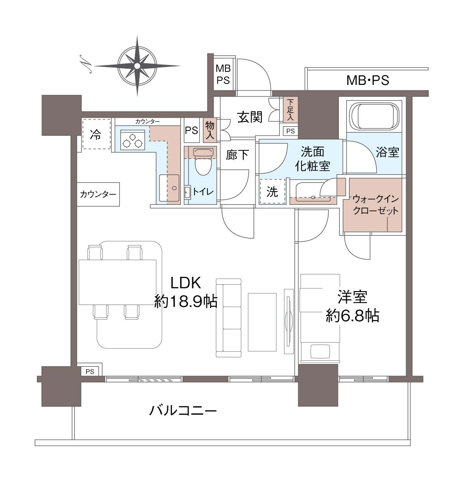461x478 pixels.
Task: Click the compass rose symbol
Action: coord(137,66)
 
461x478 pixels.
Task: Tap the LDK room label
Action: coord(187,282)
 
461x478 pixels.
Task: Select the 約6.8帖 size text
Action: coord(352,315)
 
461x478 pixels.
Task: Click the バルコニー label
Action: coord(183,410)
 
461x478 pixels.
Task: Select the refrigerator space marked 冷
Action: coord(97,134)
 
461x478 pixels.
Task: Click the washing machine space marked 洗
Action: coord(273,191)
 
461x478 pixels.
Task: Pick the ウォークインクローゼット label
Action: coord(375,205)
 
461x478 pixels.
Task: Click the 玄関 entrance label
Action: coord(250,117)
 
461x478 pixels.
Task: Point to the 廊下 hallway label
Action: coord(237,155)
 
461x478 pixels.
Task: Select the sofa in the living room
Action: coord(229,318)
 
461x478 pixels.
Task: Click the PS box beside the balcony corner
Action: coord(89,371)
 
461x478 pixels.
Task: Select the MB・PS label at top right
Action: coord(367,81)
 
